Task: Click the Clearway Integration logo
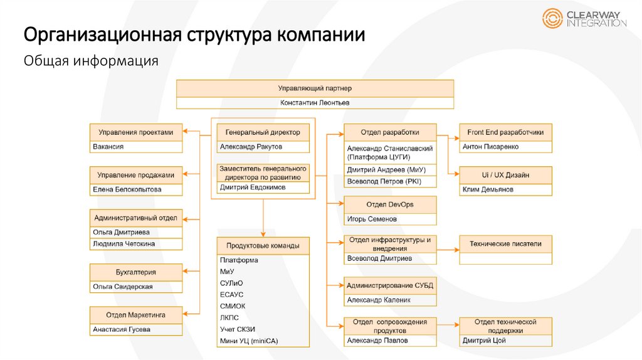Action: pyautogui.click(x=584, y=18)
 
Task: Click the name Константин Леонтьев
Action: pyautogui.click(x=315, y=102)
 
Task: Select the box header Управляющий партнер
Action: pyautogui.click(x=315, y=88)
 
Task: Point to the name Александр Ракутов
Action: pyautogui.click(x=251, y=147)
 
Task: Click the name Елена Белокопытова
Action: pyautogui.click(x=127, y=189)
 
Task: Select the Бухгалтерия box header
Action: pyautogui.click(x=136, y=272)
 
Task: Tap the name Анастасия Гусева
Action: pyautogui.click(x=122, y=329)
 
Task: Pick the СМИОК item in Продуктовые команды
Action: pyautogui.click(x=233, y=306)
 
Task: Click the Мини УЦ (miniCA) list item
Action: pyautogui.click(x=249, y=341)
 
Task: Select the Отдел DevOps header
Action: pyautogui.click(x=390, y=204)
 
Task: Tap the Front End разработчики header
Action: pyautogui.click(x=506, y=132)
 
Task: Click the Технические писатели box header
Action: pyautogui.click(x=506, y=243)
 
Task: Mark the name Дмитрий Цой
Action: pyautogui.click(x=484, y=341)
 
